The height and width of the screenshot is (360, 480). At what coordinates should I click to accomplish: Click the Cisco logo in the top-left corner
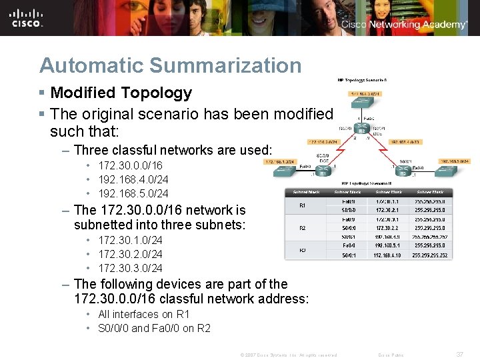27,18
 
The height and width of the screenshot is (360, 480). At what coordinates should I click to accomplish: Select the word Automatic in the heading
93,65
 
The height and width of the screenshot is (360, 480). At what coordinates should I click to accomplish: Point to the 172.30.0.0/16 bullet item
129,165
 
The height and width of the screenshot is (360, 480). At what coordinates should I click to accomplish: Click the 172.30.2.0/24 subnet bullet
129,254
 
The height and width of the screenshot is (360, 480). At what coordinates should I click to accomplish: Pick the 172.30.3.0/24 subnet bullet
129,268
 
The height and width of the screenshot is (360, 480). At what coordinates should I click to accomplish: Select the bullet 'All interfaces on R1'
143,314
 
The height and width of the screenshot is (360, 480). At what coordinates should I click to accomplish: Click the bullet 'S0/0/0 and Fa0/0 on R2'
154,328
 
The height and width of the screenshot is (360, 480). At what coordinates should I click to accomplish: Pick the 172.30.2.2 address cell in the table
387,227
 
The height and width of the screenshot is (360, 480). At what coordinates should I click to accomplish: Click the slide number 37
459,355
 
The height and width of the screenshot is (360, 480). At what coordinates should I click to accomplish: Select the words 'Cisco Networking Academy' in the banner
404,25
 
